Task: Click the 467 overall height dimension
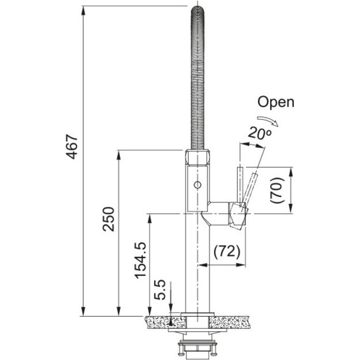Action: (71, 147)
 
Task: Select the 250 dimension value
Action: (108, 219)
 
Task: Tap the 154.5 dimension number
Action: (141, 260)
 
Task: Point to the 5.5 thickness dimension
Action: (160, 290)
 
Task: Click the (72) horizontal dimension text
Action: (227, 251)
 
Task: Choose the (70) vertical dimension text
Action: (277, 190)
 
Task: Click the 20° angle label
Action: (259, 133)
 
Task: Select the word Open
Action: (275, 102)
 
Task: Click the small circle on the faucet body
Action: (198, 185)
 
